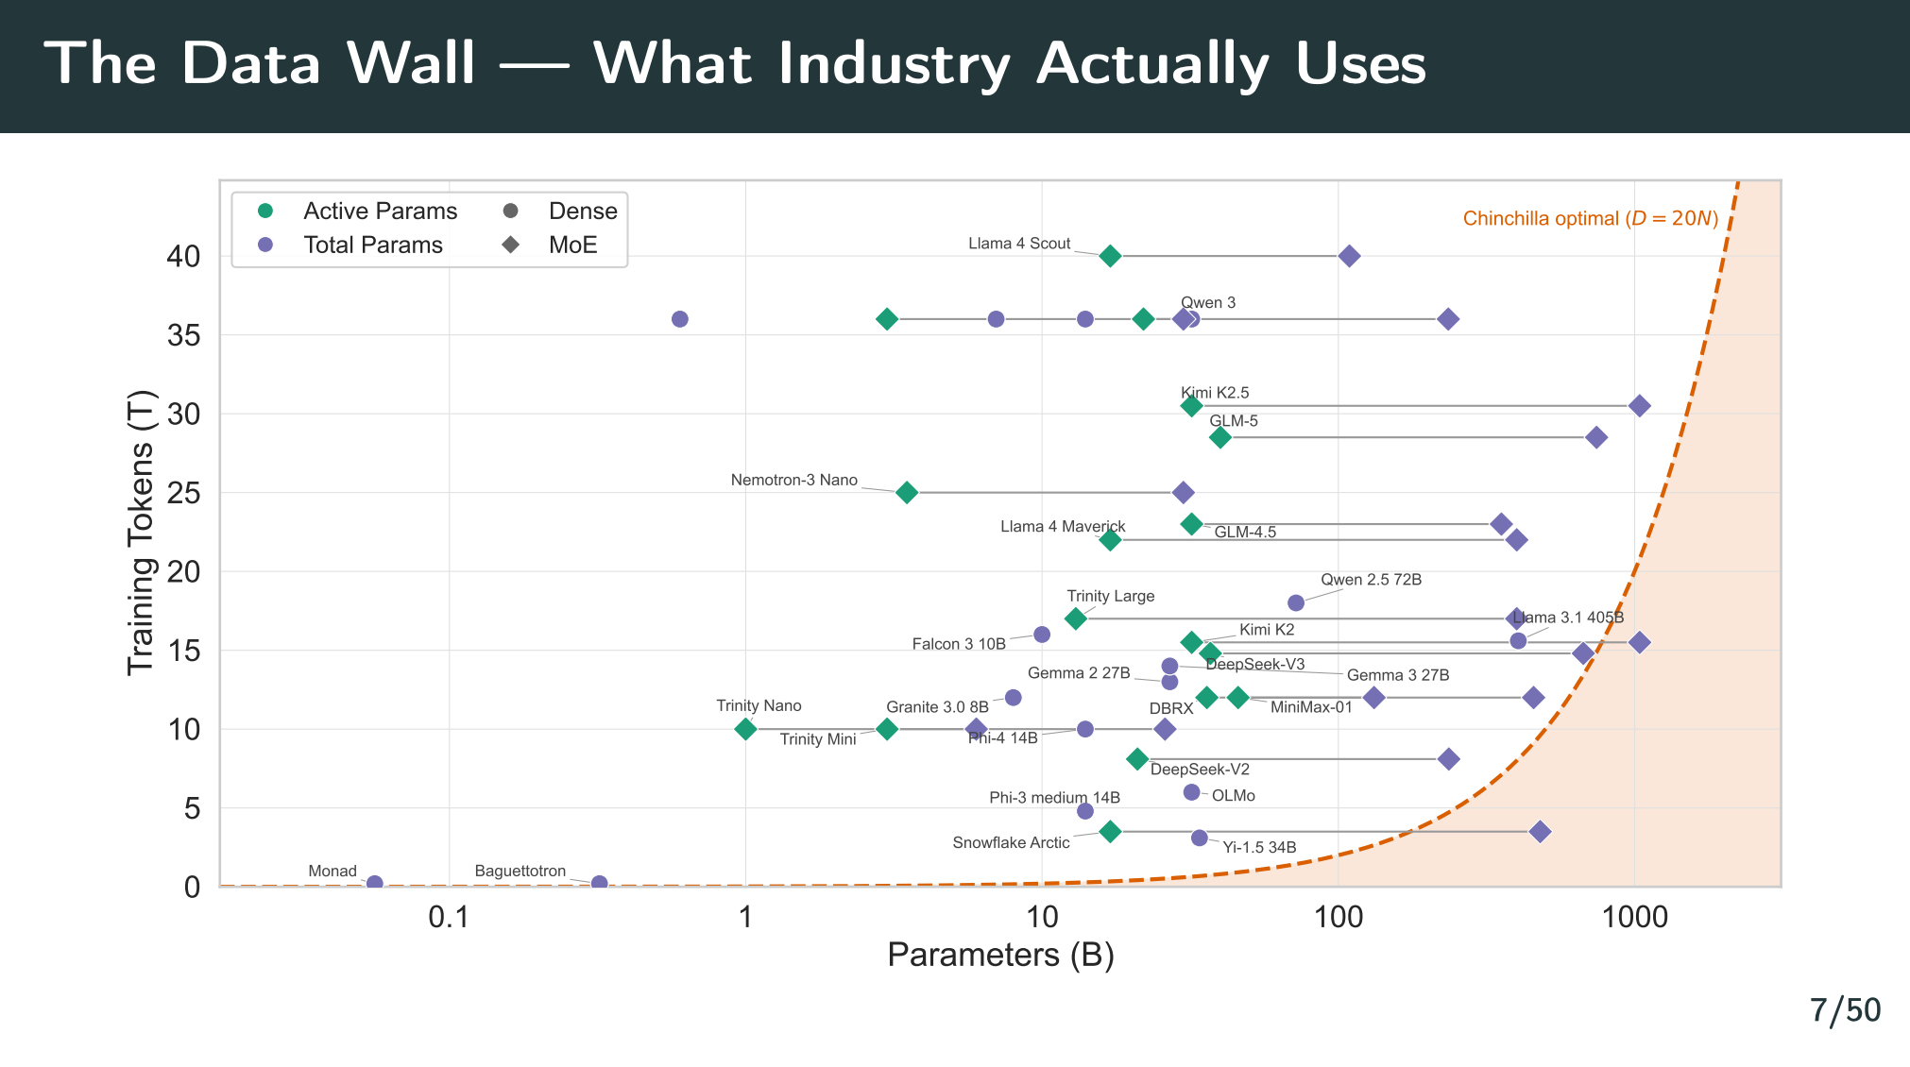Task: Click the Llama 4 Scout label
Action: [1019, 244]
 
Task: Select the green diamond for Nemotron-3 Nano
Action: [906, 492]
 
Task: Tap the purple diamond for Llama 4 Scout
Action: [1350, 256]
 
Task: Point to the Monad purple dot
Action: [374, 884]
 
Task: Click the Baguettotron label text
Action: [520, 872]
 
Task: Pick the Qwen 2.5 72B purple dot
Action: [1296, 602]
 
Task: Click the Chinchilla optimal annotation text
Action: [1590, 219]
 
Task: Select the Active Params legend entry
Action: [380, 212]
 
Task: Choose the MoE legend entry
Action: [572, 246]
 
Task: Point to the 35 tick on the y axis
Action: [184, 335]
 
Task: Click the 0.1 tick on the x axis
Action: [449, 917]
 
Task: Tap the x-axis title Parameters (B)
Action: [1000, 956]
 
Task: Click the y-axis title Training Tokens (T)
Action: [141, 533]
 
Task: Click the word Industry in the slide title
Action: [895, 64]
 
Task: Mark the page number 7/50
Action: [1845, 1010]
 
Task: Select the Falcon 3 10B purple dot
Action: [1042, 635]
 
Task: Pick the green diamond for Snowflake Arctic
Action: [1111, 832]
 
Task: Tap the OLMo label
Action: [1233, 796]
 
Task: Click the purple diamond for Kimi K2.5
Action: [1640, 406]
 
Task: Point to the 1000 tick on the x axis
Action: [1635, 917]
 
